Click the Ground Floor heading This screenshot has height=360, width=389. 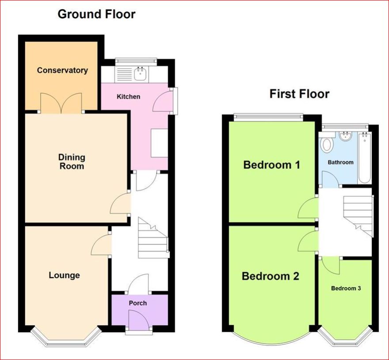(96, 14)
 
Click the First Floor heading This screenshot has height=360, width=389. (299, 94)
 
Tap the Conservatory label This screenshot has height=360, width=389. (62, 70)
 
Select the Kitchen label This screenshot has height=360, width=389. (129, 96)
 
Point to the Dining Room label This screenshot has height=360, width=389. (72, 161)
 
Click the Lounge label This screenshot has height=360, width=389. (64, 275)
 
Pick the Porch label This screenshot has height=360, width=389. (137, 303)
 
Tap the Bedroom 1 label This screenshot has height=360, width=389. (272, 165)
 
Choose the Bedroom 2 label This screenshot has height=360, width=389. (271, 276)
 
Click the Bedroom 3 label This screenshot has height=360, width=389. (346, 288)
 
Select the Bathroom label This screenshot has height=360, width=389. (341, 162)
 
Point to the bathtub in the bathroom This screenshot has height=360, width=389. (364, 158)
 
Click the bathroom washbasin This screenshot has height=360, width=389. (345, 137)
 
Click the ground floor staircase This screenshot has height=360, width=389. (153, 238)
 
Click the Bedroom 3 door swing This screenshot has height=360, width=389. (330, 266)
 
